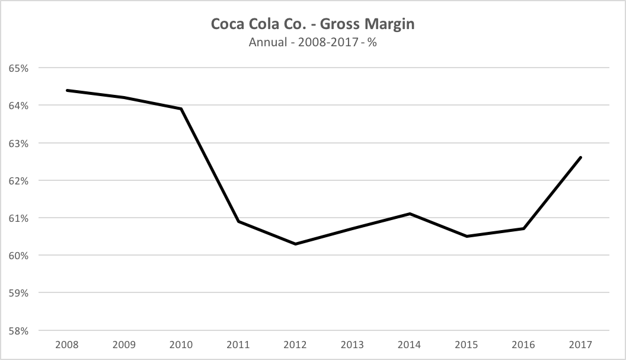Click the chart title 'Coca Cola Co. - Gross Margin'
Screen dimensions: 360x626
pos(312,25)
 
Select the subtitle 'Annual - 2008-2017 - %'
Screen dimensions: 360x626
pos(312,43)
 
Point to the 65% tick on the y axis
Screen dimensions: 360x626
pos(18,68)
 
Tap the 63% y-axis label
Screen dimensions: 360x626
pos(18,143)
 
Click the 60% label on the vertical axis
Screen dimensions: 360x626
pos(18,256)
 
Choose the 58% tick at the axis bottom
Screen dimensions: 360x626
pos(18,330)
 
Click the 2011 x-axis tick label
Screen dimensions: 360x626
pos(238,345)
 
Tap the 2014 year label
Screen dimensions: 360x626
pos(410,345)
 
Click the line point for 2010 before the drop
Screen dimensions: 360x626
pos(181,109)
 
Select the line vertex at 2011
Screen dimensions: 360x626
pos(238,221)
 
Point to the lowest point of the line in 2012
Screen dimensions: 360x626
pos(295,244)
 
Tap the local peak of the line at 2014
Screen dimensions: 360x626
pos(410,214)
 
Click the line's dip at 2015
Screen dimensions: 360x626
pos(467,236)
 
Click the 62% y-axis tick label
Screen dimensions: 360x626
pos(18,180)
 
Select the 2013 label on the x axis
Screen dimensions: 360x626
pos(353,345)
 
